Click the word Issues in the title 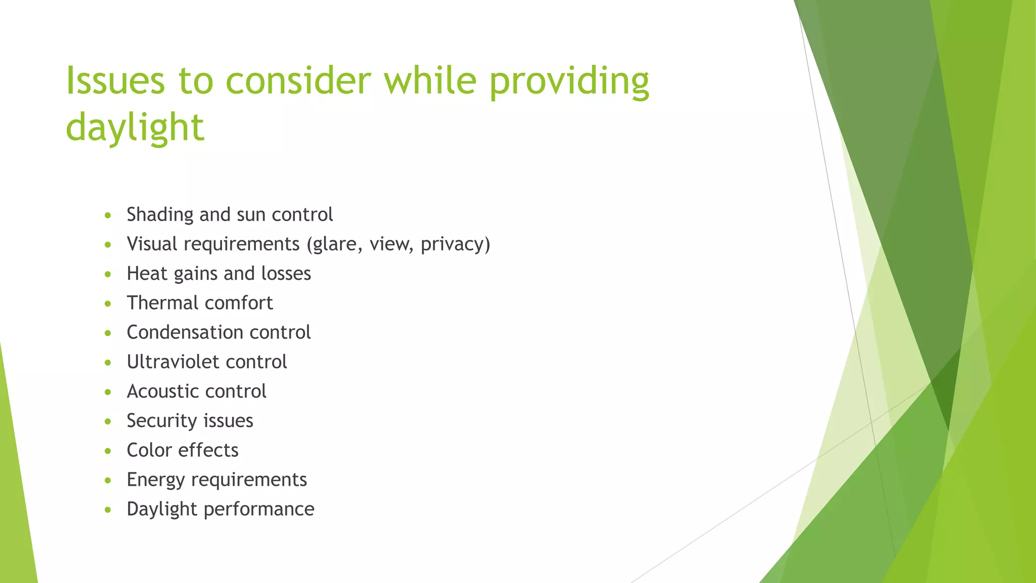[x=115, y=81]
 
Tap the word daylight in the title [x=135, y=128]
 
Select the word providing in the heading [x=569, y=81]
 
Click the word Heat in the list [x=147, y=274]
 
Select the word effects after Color [x=208, y=450]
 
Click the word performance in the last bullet [x=259, y=509]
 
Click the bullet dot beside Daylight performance [x=108, y=510]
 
